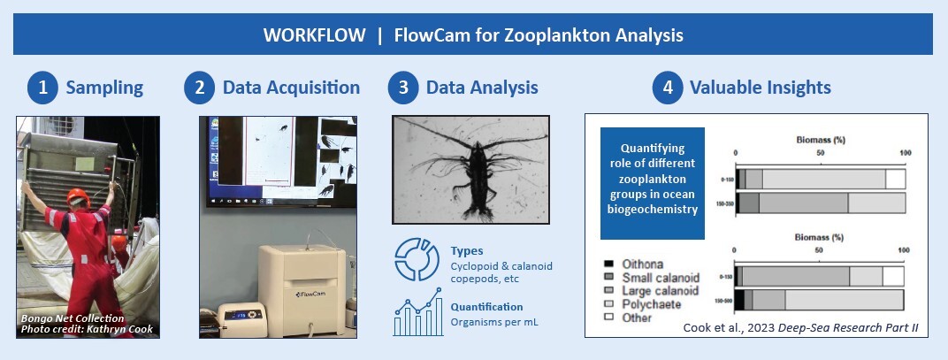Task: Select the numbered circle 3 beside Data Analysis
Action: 404,88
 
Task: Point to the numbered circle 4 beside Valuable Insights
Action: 668,88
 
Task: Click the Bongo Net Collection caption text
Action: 73,318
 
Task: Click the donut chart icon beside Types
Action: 415,258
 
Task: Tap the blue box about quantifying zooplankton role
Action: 653,183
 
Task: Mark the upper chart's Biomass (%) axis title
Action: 821,139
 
